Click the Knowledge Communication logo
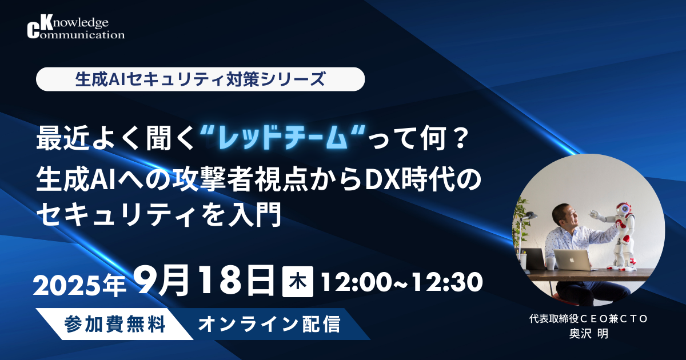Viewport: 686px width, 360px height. [x=75, y=28]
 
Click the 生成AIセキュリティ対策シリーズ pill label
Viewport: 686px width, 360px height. [x=200, y=79]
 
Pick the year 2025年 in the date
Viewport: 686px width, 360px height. [x=79, y=285]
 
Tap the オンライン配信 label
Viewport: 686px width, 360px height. [x=269, y=325]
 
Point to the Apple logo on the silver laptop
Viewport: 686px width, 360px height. [x=573, y=258]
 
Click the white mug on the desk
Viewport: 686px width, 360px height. [x=549, y=262]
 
